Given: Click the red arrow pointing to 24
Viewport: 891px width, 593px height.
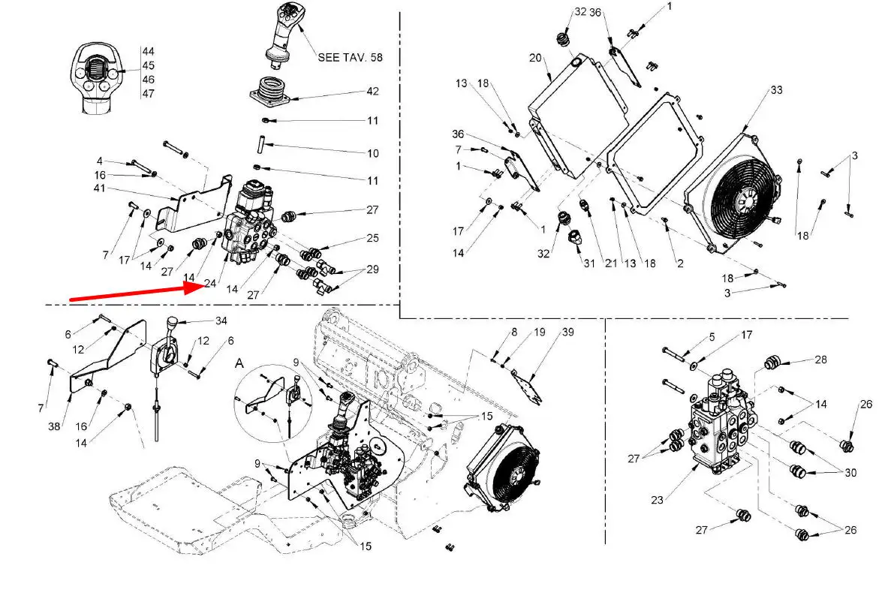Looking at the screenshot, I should click(x=135, y=292).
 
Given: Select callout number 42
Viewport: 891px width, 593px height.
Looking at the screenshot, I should click(x=372, y=92).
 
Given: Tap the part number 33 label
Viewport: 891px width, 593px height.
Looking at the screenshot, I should click(x=776, y=90).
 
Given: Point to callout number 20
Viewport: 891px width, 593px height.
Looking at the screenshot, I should click(x=534, y=58).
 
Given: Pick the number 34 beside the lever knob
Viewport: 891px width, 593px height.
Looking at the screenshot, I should click(x=221, y=321).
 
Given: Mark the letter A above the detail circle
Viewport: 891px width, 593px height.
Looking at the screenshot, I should click(x=239, y=362).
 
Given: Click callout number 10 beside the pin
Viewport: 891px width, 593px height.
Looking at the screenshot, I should click(x=372, y=153).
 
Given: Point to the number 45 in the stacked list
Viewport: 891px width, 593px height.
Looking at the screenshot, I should click(x=148, y=65).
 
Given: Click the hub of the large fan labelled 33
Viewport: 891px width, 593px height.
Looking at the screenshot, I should click(x=746, y=200).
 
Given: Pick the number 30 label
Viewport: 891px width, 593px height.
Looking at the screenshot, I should click(x=850, y=473).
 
